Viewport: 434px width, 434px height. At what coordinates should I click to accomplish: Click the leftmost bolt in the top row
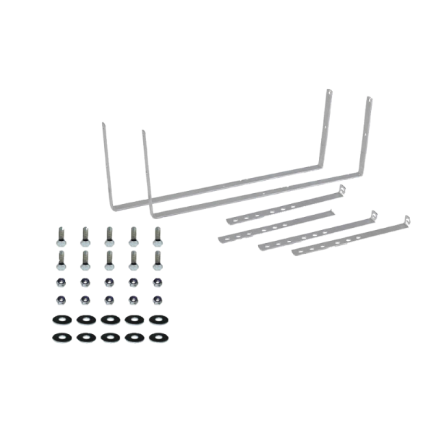click(58, 234)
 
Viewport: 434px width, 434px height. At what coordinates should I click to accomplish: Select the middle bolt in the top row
click(109, 234)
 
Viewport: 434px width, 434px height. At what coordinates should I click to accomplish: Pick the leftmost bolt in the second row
click(58, 258)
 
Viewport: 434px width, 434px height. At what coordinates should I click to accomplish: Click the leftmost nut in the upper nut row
click(58, 281)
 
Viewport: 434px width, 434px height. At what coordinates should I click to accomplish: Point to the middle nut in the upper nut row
click(109, 281)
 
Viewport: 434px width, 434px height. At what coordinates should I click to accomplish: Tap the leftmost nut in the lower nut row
click(58, 299)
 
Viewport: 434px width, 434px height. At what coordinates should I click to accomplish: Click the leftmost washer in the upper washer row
click(58, 318)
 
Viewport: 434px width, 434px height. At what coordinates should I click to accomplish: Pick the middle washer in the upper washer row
click(109, 318)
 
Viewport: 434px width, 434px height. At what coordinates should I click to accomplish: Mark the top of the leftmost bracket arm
click(102, 125)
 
